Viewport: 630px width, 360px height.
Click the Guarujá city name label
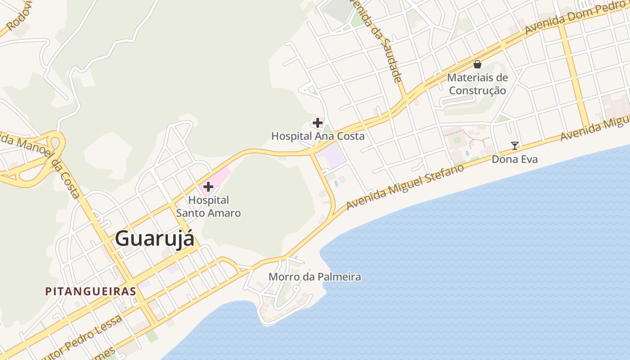[155, 238]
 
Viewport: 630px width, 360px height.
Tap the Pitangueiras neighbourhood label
[90, 291]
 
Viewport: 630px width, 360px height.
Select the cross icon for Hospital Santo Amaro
[208, 186]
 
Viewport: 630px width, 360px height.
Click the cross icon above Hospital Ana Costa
[318, 122]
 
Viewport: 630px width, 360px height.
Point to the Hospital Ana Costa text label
[318, 136]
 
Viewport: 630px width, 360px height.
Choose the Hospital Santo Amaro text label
[208, 207]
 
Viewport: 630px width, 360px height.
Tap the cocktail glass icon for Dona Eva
[515, 146]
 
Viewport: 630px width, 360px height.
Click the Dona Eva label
[514, 159]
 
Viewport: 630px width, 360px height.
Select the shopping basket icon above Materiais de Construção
[477, 64]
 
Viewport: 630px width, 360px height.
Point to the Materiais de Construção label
[477, 84]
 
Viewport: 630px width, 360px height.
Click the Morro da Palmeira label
[315, 277]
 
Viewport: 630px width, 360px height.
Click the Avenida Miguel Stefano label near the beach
[405, 187]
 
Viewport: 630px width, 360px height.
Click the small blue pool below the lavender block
[336, 184]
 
